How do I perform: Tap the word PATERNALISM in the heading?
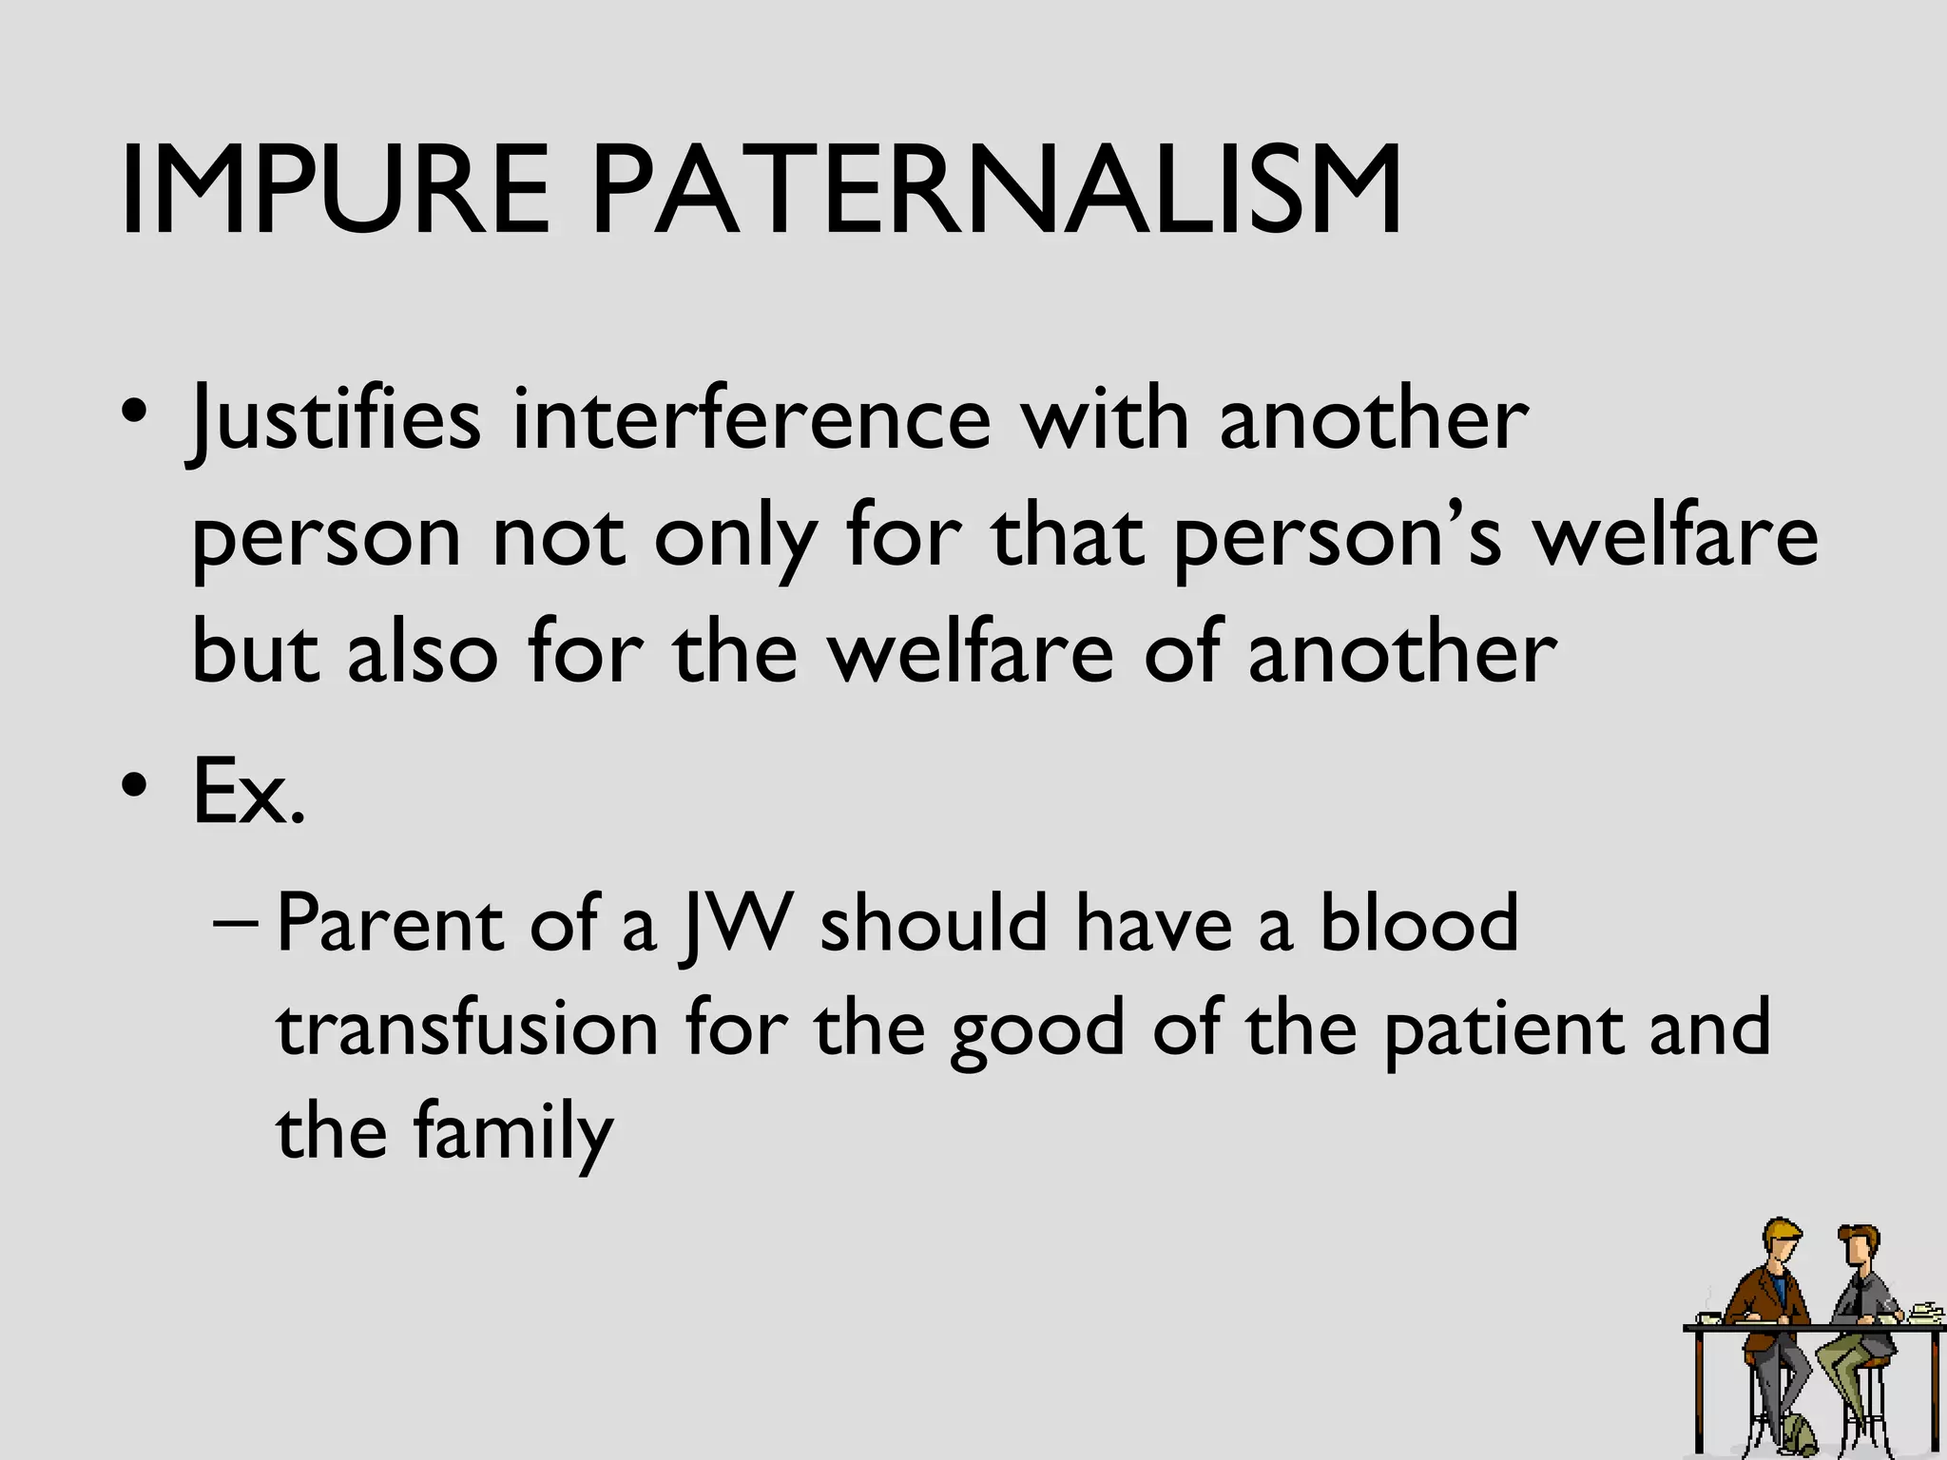click(996, 190)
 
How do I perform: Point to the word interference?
click(751, 420)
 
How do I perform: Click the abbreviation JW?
click(735, 924)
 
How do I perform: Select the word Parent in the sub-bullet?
click(390, 924)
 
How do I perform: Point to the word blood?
click(1418, 924)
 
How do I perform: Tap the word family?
click(513, 1133)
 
